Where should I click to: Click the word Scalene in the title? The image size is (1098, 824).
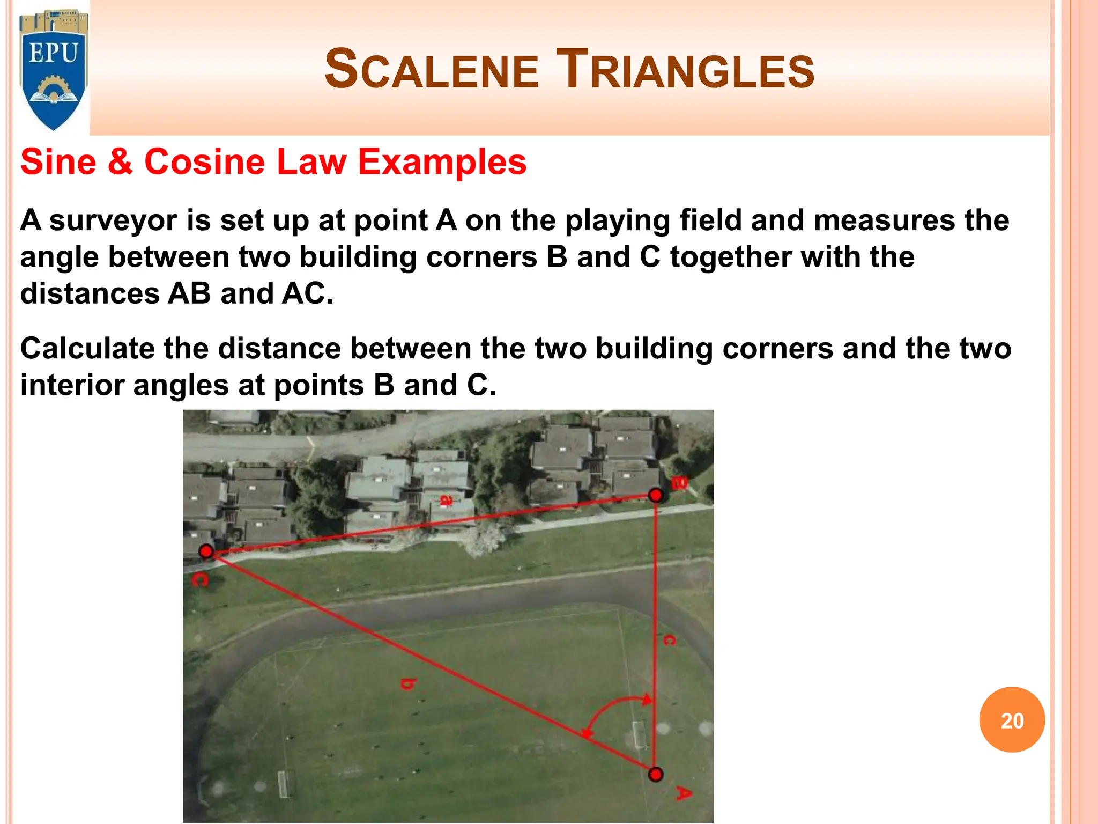point(432,70)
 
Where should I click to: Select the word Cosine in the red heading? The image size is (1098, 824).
point(204,162)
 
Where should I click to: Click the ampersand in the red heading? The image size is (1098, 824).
point(120,162)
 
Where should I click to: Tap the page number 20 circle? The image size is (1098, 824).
point(1012,720)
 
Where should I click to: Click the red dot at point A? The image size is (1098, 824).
point(655,774)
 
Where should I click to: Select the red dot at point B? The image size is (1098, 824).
point(655,495)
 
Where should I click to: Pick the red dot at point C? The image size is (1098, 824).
point(206,551)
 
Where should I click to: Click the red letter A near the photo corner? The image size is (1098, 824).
point(682,793)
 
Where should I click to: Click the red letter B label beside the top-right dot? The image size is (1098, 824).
point(679,483)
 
